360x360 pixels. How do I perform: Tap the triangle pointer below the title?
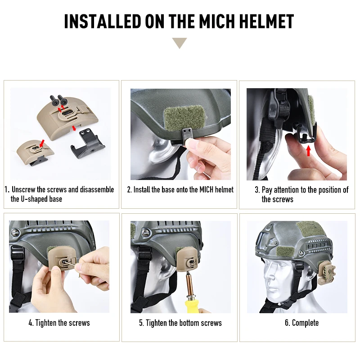pos(180,43)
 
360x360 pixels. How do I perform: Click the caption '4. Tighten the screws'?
pos(59,323)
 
